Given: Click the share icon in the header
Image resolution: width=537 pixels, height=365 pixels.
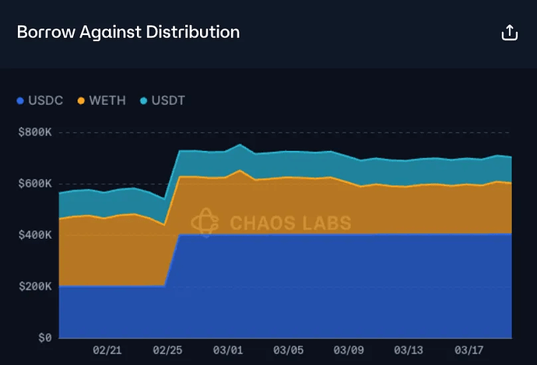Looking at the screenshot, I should [x=509, y=33].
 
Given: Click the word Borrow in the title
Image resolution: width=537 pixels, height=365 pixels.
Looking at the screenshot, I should [x=44, y=33].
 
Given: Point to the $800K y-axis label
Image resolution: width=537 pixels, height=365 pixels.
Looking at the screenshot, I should [x=34, y=132].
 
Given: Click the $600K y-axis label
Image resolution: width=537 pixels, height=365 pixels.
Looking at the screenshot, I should [x=34, y=184].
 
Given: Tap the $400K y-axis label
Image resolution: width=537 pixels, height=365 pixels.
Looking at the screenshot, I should [x=34, y=235].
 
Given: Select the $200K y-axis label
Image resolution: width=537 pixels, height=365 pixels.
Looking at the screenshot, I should [x=34, y=286].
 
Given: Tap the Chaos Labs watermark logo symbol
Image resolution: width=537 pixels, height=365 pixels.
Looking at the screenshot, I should [x=204, y=222].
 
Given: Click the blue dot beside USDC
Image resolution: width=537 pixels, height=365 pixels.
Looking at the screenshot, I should [x=21, y=101].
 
